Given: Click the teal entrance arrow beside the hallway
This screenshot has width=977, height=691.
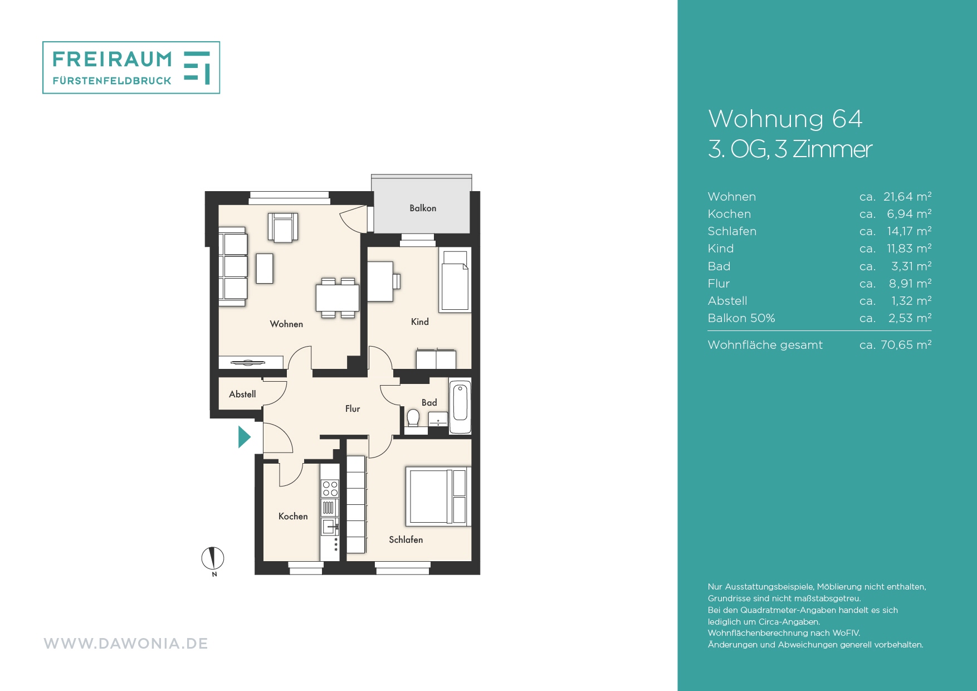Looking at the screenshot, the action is click(244, 437).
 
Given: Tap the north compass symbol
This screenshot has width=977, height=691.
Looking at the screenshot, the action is click(213, 558).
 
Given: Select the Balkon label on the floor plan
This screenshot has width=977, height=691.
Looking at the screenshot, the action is click(423, 208).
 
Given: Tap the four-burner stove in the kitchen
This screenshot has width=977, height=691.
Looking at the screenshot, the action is click(330, 489).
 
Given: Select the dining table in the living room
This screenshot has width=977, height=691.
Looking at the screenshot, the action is click(338, 298).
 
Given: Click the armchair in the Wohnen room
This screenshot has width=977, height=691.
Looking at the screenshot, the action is click(283, 227).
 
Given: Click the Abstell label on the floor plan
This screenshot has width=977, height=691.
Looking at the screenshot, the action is click(242, 395).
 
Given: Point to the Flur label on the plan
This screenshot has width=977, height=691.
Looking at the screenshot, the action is click(353, 409).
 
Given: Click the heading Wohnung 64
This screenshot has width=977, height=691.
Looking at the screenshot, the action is click(785, 119).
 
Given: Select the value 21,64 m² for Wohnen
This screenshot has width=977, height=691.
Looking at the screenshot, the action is click(907, 197).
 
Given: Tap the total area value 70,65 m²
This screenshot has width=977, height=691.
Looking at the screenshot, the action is click(906, 345).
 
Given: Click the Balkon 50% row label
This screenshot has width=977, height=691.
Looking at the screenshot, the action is click(741, 318).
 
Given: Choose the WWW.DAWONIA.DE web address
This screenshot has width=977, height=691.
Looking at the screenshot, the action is click(126, 644).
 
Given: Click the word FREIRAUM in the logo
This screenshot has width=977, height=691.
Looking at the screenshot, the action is click(113, 59).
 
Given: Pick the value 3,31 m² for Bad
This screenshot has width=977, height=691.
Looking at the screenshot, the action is click(911, 266).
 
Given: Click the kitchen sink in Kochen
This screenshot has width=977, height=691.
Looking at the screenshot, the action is click(329, 526).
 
